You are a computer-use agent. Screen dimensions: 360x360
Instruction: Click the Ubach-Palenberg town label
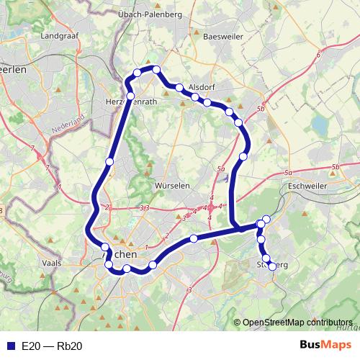[161, 14]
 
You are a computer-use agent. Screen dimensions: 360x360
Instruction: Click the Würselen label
[172, 186]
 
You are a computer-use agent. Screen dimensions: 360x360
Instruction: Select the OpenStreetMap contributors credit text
[297, 323]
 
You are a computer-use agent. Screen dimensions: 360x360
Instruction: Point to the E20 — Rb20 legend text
[52, 346]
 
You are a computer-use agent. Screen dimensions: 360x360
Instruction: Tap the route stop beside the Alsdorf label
[178, 89]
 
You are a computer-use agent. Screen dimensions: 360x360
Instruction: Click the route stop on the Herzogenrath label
[130, 96]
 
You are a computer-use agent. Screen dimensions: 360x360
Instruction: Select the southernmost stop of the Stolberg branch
[271, 266]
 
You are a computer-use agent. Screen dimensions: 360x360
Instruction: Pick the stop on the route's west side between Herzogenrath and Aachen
[109, 161]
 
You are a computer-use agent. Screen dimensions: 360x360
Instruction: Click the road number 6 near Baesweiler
[318, 55]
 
